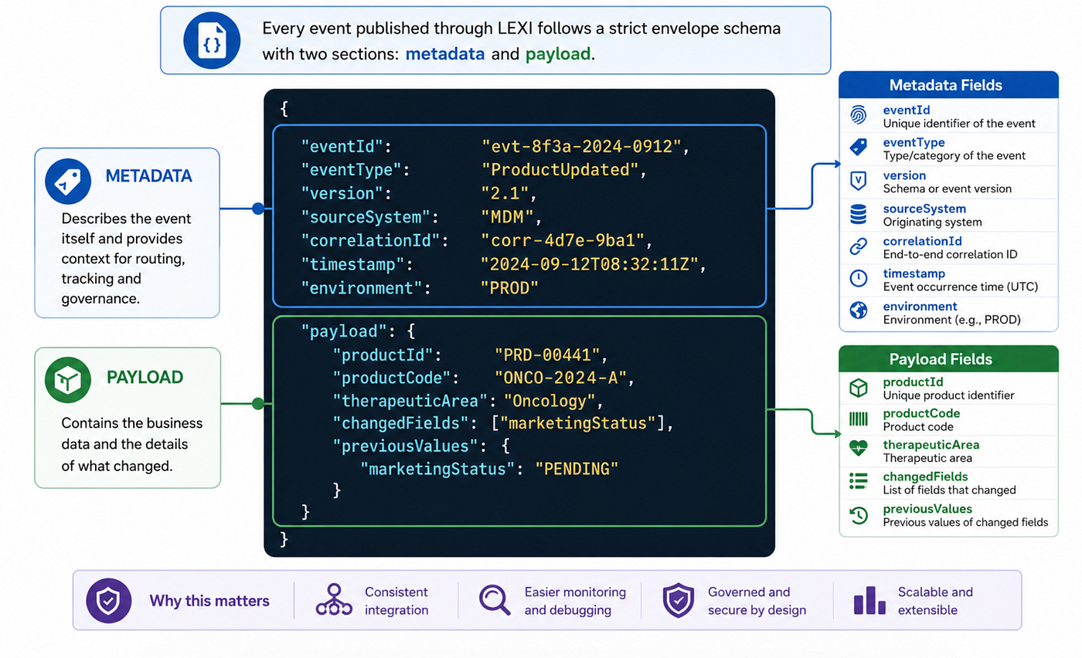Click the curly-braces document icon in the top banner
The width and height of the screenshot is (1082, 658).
[212, 41]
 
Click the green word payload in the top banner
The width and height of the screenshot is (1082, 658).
[558, 53]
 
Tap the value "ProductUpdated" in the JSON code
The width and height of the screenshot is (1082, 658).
[560, 170]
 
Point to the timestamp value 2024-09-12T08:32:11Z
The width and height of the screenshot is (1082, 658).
[590, 264]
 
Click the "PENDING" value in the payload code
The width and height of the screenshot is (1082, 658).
[577, 469]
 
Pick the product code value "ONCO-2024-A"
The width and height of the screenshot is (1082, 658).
[560, 378]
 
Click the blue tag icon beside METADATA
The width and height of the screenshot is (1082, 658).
[68, 181]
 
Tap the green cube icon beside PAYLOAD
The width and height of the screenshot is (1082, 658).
[68, 380]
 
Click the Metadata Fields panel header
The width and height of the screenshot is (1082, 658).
[948, 85]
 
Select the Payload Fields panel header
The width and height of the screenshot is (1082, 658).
[948, 358]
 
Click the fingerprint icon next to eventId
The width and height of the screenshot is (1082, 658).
[859, 116]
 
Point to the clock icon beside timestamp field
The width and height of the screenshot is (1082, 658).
[859, 279]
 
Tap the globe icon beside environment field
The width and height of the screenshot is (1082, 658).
[859, 310]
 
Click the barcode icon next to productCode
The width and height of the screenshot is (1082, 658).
[859, 419]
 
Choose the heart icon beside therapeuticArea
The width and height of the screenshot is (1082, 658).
[859, 449]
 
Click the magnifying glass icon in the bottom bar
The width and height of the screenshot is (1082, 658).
[495, 600]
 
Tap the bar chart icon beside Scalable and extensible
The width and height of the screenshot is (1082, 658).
[869, 601]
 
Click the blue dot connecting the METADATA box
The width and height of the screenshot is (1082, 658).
[258, 209]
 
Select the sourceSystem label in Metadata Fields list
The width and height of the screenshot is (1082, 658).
[924, 209]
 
